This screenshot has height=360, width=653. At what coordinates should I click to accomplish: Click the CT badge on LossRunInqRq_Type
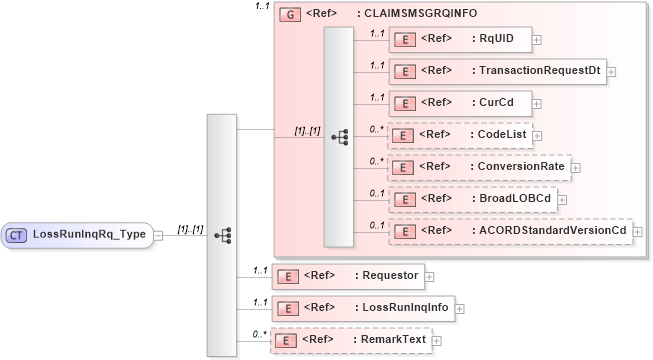(x=17, y=235)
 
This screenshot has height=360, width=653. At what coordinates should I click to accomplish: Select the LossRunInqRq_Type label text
(x=90, y=235)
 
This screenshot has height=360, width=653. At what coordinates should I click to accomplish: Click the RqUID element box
(x=460, y=40)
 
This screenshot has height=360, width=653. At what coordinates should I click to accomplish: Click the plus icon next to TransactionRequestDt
(x=611, y=72)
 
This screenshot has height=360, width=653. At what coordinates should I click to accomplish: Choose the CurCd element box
(x=460, y=103)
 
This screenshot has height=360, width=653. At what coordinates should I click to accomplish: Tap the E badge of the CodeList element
(x=406, y=135)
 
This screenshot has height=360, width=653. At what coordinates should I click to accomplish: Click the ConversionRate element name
(x=520, y=166)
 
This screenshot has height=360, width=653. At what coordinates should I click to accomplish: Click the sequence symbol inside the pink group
(x=338, y=135)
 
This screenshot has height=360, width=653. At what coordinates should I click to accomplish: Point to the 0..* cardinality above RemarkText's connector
(x=259, y=333)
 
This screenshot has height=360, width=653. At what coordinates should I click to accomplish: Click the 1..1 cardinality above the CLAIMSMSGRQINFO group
(x=263, y=7)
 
